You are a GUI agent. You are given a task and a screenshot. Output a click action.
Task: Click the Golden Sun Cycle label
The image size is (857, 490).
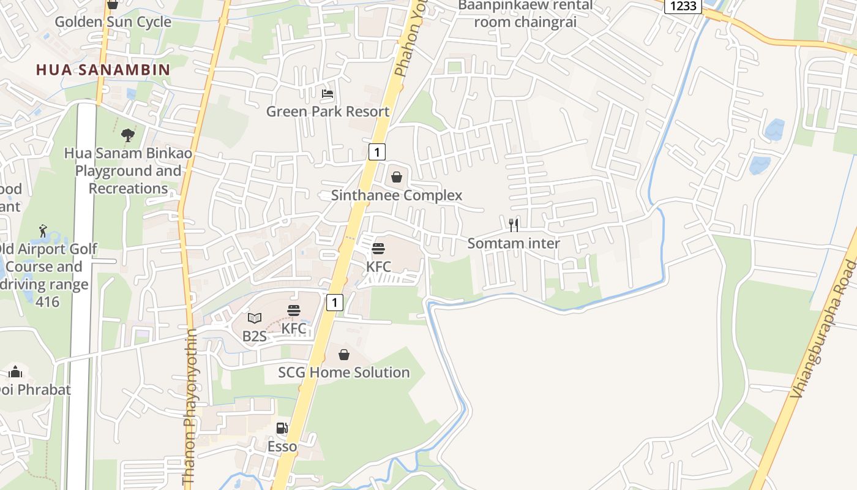coord(113,22)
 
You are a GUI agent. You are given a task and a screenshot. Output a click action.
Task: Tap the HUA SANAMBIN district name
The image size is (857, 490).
coord(103,69)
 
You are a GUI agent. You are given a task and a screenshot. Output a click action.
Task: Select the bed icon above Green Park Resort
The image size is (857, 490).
coord(327,94)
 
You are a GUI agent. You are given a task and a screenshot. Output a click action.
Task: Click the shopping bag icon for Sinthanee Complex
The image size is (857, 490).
coord(397,178)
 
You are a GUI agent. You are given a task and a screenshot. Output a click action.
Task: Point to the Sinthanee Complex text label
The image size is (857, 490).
coord(397,195)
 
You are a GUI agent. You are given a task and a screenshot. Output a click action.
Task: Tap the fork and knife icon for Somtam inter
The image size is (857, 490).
coord(514,225)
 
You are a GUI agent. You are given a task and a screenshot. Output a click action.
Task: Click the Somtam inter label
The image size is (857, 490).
coord(514,243)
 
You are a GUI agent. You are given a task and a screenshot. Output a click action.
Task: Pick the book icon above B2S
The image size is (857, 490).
coord(255,318)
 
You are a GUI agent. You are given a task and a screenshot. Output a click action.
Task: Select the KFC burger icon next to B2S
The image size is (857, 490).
coord(294,311)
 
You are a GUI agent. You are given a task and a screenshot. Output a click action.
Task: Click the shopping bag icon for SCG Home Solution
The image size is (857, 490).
coord(344,355)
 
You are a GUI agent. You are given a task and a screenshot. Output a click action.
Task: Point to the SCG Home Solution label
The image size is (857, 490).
coord(344,372)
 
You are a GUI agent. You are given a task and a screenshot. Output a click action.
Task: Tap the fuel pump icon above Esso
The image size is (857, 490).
coord(282,428)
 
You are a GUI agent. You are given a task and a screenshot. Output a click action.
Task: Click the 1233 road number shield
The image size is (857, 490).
coord(683,6)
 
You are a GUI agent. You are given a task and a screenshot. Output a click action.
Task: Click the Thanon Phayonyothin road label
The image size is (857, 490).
coord(190,407)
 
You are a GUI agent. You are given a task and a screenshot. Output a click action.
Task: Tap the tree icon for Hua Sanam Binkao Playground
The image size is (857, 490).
coord(128,135)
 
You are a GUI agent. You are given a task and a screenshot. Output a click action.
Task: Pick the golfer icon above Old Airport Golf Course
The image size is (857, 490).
coord(42,231)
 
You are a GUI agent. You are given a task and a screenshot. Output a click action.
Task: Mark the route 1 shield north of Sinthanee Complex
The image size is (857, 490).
coord(377,152)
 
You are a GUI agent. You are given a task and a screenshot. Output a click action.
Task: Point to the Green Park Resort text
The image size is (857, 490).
coord(327,111)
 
